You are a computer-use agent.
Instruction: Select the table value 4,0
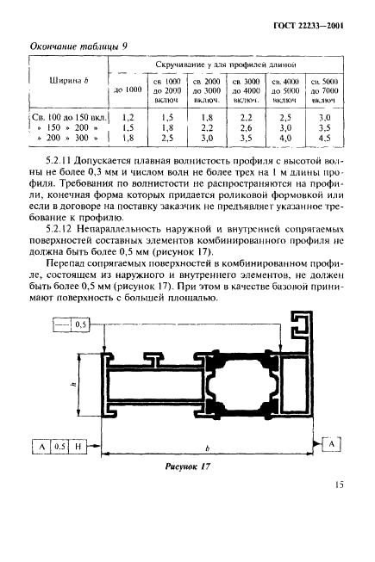point(285,137)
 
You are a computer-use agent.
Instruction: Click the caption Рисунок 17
point(188,466)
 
